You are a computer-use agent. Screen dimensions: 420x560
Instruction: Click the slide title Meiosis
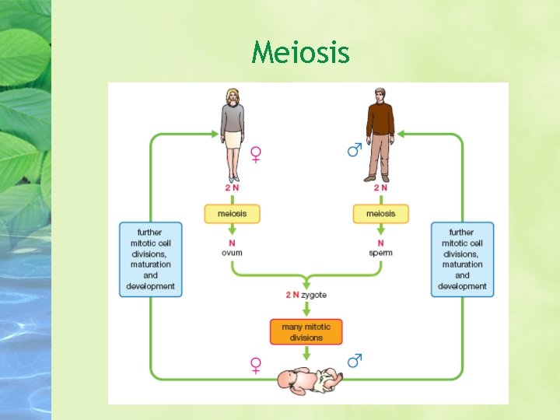pyautogui.click(x=301, y=54)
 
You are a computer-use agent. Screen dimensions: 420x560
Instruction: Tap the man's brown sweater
pyautogui.click(x=380, y=120)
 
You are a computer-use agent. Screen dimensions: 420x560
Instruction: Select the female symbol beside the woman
pyautogui.click(x=255, y=155)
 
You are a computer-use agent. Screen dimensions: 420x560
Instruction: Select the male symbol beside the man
pyautogui.click(x=355, y=149)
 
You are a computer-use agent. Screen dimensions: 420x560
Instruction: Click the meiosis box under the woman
pyautogui.click(x=232, y=213)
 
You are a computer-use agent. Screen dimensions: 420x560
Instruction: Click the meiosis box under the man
pyautogui.click(x=380, y=213)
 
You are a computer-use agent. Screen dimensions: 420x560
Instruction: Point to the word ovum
pyautogui.click(x=232, y=253)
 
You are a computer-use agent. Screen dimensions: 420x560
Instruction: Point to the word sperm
pyautogui.click(x=380, y=253)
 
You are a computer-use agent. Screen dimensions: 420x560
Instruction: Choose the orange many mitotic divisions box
pyautogui.click(x=306, y=332)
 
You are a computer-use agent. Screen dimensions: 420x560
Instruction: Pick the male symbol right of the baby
pyautogui.click(x=355, y=361)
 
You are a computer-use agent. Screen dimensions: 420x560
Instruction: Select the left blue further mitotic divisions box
pyautogui.click(x=151, y=259)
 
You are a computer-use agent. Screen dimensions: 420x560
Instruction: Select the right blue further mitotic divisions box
pyautogui.click(x=462, y=259)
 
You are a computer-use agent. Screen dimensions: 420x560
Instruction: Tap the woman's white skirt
pyautogui.click(x=233, y=138)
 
